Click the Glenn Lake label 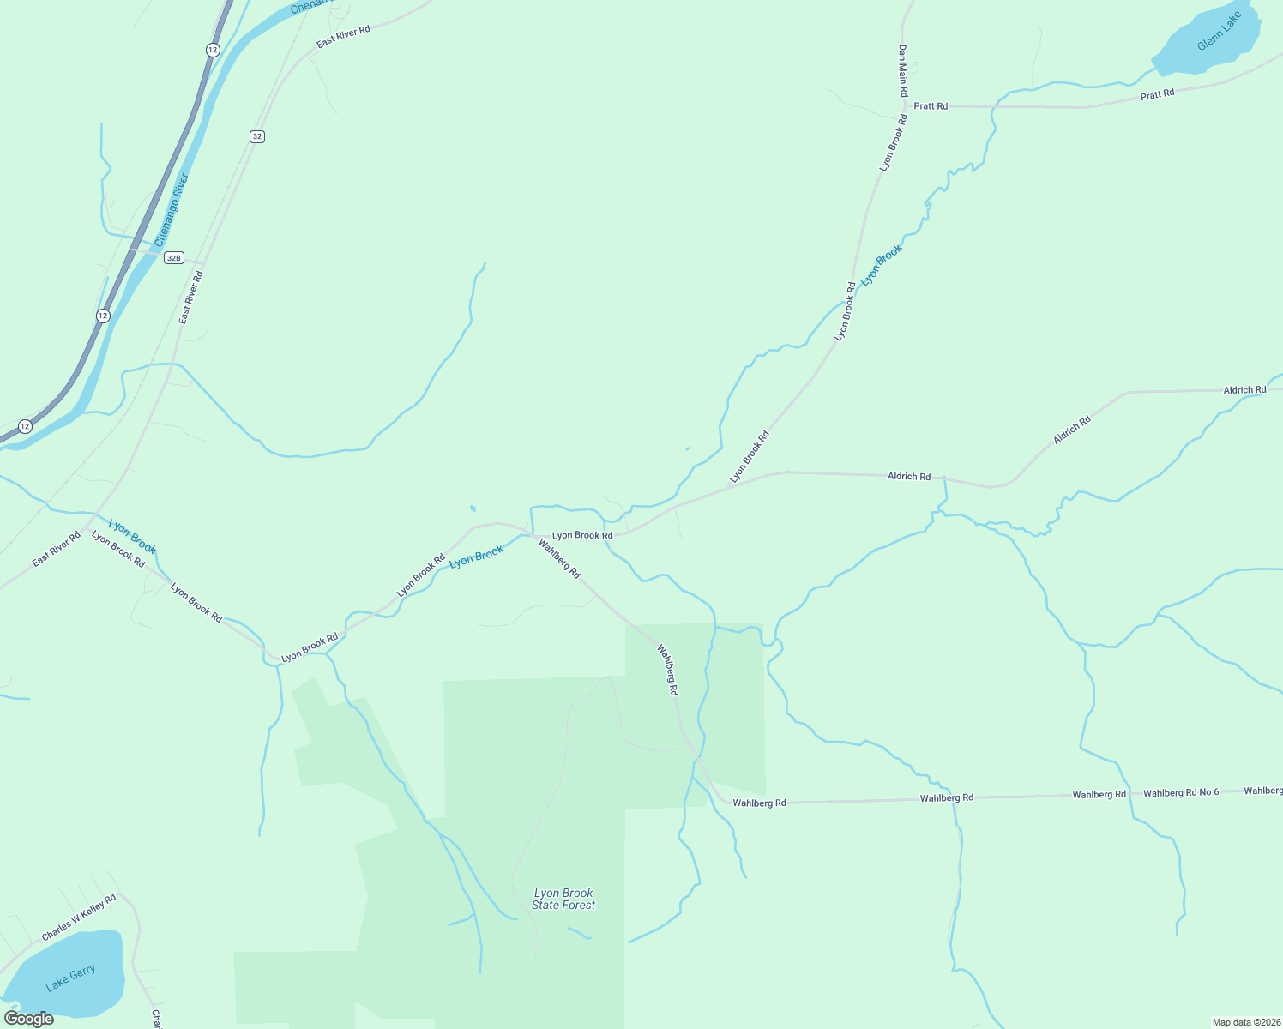tap(1219, 32)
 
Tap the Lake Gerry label tap(70, 978)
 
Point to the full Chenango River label tap(172, 210)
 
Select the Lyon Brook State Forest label tap(563, 899)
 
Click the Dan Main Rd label tap(902, 70)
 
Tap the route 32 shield tap(257, 136)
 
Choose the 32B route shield tap(174, 257)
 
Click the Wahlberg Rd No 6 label tap(1180, 793)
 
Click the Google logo tap(29, 1019)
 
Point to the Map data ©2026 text tap(1244, 1022)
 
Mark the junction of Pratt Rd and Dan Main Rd tap(904, 106)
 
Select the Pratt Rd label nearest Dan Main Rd tap(931, 106)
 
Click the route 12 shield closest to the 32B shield tap(103, 316)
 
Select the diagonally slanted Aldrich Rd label tap(1072, 430)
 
